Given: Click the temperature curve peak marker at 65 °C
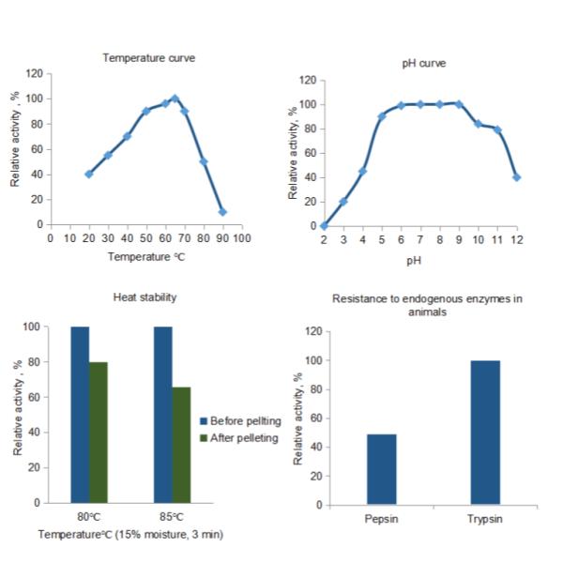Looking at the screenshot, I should [x=175, y=98].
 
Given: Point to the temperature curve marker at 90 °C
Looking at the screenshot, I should [x=222, y=212].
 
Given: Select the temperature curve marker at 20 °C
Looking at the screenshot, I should [x=89, y=174].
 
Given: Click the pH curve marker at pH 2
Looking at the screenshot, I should [x=324, y=225].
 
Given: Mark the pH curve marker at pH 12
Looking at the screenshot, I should [x=517, y=176].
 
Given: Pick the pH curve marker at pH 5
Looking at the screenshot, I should [x=382, y=116].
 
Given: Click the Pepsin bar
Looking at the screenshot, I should [x=381, y=469].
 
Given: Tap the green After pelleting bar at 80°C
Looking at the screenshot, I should [x=99, y=432].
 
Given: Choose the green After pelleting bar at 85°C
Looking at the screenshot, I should [x=182, y=445].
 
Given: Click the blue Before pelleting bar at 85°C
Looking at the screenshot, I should [x=163, y=414].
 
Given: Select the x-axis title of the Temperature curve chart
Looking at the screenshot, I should [x=142, y=255].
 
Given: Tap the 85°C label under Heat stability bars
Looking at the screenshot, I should [x=172, y=517].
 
